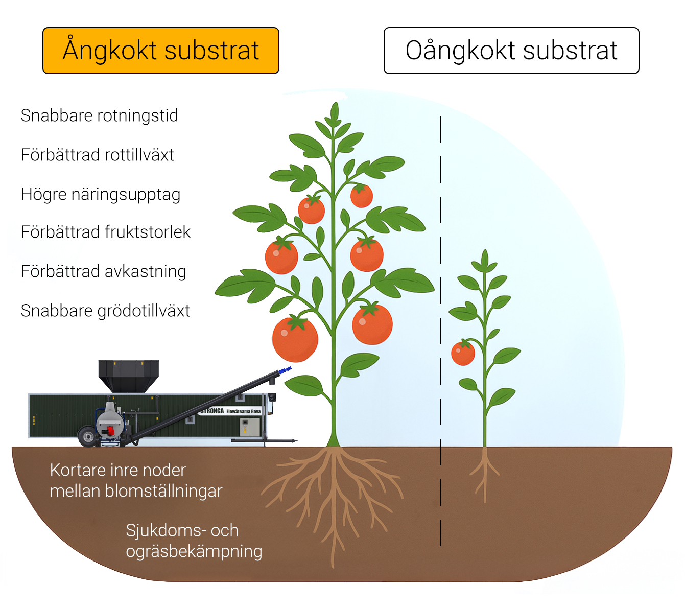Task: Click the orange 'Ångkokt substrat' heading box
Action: tap(160, 51)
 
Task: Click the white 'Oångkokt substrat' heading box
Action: tap(511, 51)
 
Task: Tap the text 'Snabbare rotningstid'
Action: tap(99, 115)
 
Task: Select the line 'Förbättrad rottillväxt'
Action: tap(97, 155)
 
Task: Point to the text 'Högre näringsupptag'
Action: tap(100, 194)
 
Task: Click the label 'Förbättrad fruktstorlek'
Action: tap(105, 232)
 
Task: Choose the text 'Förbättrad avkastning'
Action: tap(103, 271)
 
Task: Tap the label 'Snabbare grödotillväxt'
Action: tap(105, 311)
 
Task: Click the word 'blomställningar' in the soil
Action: tap(163, 491)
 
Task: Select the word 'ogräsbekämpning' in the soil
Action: tap(194, 551)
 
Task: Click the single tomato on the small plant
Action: tap(463, 353)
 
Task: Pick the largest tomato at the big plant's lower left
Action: tap(295, 339)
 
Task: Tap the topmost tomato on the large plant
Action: tap(362, 196)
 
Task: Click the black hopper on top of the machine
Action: tap(128, 375)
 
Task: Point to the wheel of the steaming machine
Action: tap(88, 437)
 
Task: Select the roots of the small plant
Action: tap(484, 473)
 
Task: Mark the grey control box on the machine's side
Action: tap(250, 427)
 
